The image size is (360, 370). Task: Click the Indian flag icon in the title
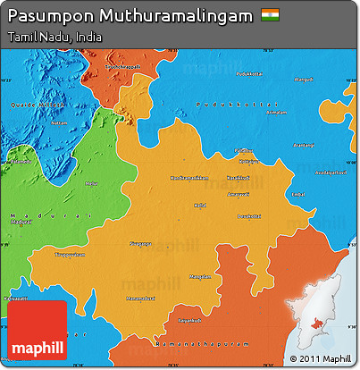[269, 15]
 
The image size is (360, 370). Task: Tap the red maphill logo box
[37, 330]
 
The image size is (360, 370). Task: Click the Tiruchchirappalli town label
[123, 67]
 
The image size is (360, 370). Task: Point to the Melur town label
[90, 182]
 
